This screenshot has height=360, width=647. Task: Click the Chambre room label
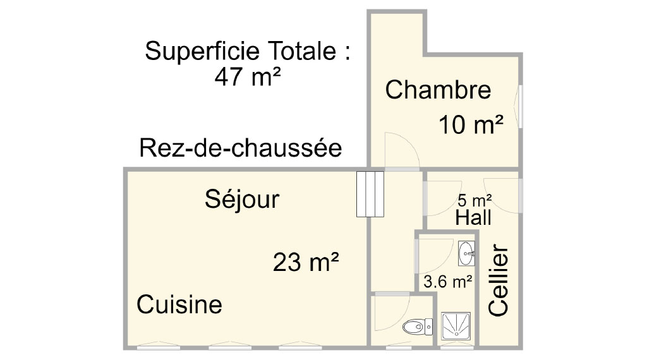tap(438, 90)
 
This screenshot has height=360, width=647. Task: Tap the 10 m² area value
tap(471, 124)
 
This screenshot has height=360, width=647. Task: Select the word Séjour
tap(242, 199)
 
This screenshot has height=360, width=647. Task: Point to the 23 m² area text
tap(306, 262)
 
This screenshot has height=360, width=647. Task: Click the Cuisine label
tap(179, 304)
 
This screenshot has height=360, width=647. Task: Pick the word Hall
tap(473, 217)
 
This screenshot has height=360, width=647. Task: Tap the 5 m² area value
tap(475, 200)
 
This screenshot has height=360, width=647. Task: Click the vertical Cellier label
tap(498, 280)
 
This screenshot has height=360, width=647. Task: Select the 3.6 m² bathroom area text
tap(448, 282)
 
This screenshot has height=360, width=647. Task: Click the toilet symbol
tap(418, 327)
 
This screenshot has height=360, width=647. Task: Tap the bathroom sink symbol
tap(467, 254)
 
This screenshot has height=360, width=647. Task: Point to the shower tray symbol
tap(456, 326)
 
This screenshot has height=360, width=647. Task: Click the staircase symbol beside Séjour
tap(370, 195)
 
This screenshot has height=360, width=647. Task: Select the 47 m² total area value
tap(248, 76)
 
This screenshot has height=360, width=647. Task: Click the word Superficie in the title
tap(202, 51)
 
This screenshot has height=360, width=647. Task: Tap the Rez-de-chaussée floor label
tap(241, 148)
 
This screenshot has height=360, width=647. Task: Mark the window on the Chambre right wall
tap(521, 106)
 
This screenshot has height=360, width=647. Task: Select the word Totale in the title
tap(303, 51)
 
